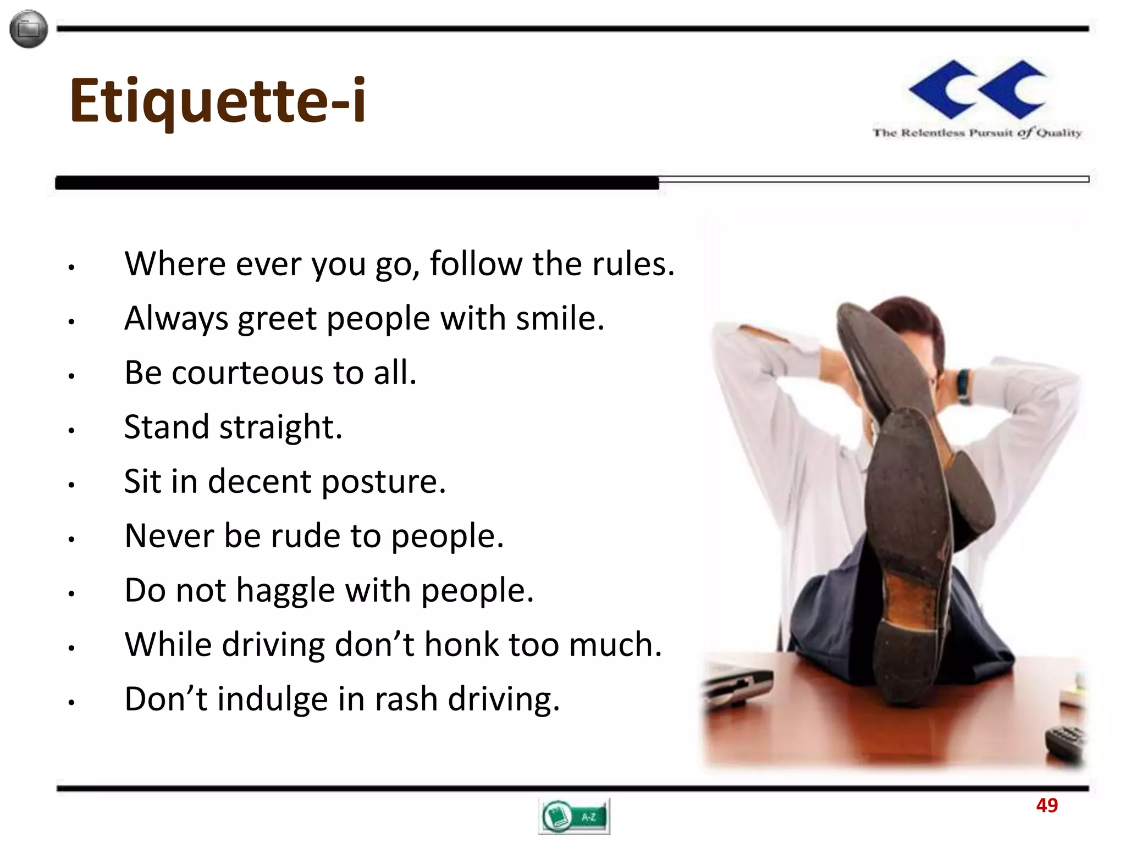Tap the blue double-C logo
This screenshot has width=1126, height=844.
[x=977, y=90]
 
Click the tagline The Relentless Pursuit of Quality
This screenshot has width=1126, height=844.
[x=977, y=133]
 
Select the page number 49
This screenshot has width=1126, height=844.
[x=1046, y=806]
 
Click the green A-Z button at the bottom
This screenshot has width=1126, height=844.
[x=574, y=817]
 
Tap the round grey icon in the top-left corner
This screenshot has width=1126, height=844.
[x=29, y=29]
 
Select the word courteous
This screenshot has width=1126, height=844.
[x=247, y=373]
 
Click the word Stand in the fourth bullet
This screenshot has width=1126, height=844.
[x=167, y=427]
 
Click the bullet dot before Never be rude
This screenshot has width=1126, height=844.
[x=71, y=540]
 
